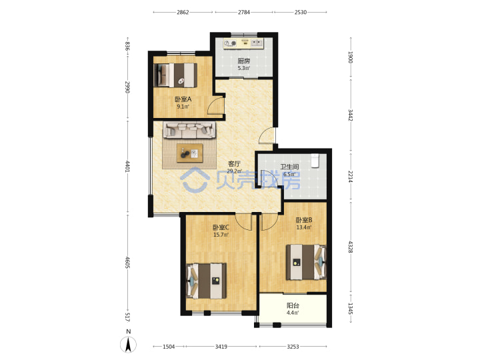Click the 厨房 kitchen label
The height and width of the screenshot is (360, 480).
point(244,61)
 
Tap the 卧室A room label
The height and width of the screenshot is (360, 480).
point(183,99)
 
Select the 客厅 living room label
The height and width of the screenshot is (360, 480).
point(234,164)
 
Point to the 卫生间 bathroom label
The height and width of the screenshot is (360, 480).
point(289,167)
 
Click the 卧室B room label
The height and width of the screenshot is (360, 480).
point(304,220)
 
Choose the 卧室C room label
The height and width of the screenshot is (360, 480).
point(221,227)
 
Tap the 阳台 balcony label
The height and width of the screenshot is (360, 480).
point(293,305)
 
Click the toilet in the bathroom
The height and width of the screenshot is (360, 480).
point(315,161)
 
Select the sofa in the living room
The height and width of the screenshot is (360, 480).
point(189,130)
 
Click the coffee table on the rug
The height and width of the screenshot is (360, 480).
point(190,153)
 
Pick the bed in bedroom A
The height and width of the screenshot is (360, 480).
point(175,75)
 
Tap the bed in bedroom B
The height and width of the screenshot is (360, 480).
point(306,262)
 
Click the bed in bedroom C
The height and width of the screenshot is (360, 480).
point(206,281)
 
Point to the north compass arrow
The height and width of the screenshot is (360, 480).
point(129,345)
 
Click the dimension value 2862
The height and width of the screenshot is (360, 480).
point(183,12)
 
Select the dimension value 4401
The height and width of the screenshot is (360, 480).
point(127,167)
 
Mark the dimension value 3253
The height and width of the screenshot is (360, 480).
point(293,347)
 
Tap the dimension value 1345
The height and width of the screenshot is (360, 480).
point(351,309)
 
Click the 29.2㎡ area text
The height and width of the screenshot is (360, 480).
point(234,171)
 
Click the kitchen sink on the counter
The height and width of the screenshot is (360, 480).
point(257,43)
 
